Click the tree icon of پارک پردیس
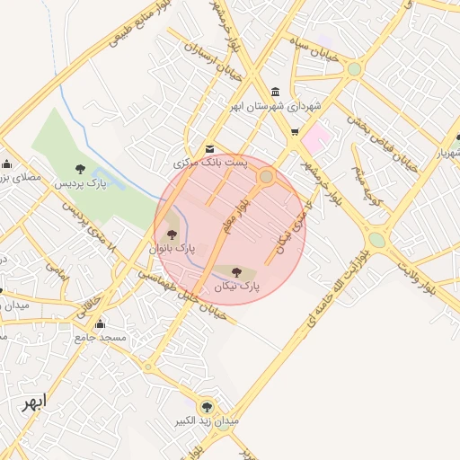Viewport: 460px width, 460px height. tap(81, 168)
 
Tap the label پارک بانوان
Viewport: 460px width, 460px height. tap(172, 247)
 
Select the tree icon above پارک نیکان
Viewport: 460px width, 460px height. tap(237, 270)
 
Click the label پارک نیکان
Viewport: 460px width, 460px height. tap(237, 286)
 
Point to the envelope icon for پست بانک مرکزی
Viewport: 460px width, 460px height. tap(209, 148)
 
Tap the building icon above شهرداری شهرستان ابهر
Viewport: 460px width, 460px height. tap(274, 92)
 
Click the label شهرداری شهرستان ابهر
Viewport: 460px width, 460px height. tap(275, 106)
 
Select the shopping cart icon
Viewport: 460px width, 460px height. tap(294, 133)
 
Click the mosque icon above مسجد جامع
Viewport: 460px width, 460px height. tap(100, 323)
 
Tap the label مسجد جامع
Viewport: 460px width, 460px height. tap(100, 337)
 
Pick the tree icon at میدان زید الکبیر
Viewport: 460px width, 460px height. tap(208, 406)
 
